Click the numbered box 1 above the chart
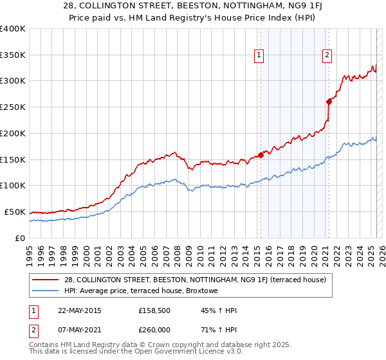(x=259, y=56)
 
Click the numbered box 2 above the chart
(x=327, y=56)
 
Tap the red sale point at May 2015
(x=261, y=154)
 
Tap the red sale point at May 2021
(x=329, y=101)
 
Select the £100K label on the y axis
(x=13, y=186)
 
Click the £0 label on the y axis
(x=20, y=238)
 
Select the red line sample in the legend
(x=46, y=280)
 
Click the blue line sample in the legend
(x=46, y=290)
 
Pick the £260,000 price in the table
(x=154, y=329)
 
